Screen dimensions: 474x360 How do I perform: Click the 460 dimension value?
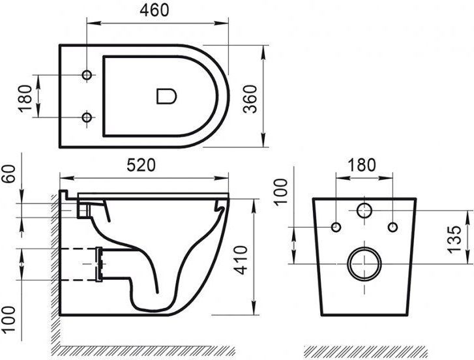tap(154, 10)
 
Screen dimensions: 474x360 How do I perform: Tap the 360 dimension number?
tap(250, 99)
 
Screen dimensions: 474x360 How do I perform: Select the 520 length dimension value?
tap(141, 165)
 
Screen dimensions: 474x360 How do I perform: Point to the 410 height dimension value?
tap(241, 260)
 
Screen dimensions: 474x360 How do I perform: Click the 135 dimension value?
tap(454, 239)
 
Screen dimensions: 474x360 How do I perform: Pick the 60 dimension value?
tap(8, 173)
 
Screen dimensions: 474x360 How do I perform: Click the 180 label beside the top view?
tap(25, 98)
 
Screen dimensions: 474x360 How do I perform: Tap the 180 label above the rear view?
tap(362, 165)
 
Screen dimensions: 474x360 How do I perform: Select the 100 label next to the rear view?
tap(280, 192)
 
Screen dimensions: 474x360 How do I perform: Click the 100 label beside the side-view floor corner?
tap(8, 320)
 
